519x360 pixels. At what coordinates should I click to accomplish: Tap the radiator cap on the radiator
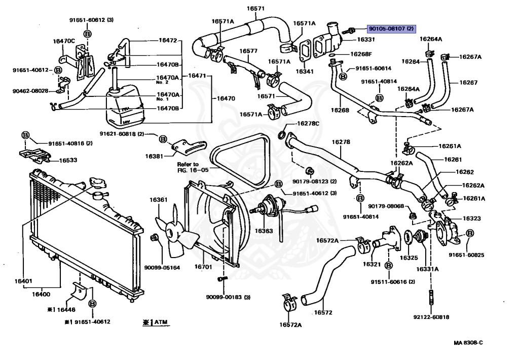pos(97,183)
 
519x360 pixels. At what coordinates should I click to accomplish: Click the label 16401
pos(23,281)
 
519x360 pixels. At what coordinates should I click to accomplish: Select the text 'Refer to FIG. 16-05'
pos(193,167)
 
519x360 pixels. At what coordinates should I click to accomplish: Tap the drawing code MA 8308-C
pos(468,343)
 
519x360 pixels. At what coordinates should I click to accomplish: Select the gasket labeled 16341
pos(305,51)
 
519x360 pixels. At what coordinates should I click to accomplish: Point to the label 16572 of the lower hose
pos(323,312)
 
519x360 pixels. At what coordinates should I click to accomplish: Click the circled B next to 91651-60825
pos(470,233)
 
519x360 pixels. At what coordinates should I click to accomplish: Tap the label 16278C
pos(308,124)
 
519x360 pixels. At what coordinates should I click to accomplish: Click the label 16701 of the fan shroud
pos(203,267)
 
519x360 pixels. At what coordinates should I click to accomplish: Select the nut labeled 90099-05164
pos(154,237)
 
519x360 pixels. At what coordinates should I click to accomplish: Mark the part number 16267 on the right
pos(468,83)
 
